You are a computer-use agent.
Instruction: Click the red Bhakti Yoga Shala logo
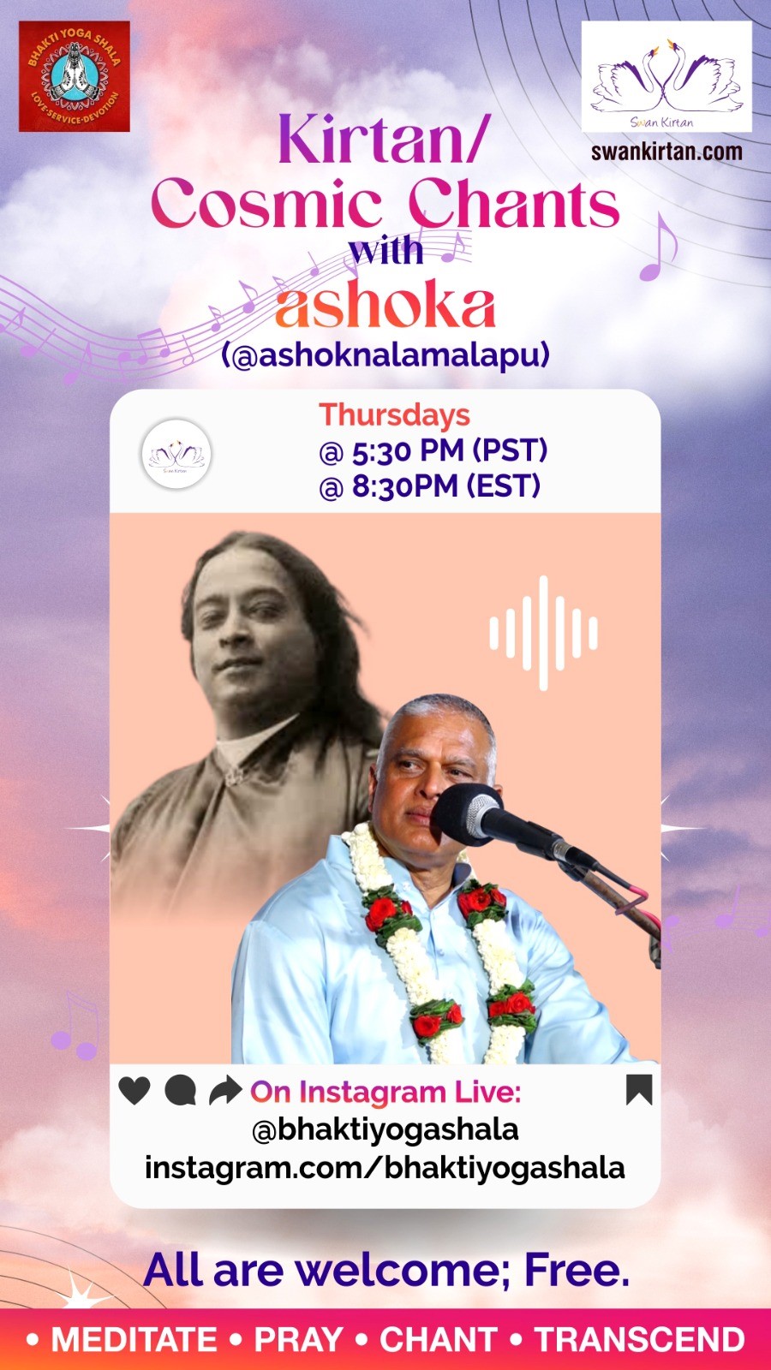pyautogui.click(x=74, y=76)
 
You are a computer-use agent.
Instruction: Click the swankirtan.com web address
pyautogui.click(x=666, y=151)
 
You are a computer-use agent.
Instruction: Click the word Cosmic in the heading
pyautogui.click(x=266, y=203)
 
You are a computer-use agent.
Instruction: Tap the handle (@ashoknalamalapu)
pyautogui.click(x=385, y=356)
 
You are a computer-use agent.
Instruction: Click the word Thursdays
pyautogui.click(x=395, y=414)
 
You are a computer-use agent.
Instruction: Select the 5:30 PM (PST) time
pyautogui.click(x=433, y=451)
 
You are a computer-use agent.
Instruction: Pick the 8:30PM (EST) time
pyautogui.click(x=429, y=487)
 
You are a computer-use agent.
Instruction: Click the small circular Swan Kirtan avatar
pyautogui.click(x=176, y=454)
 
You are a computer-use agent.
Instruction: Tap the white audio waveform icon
pyautogui.click(x=543, y=633)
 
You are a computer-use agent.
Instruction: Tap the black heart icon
pyautogui.click(x=134, y=1091)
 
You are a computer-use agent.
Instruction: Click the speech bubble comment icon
pyautogui.click(x=181, y=1091)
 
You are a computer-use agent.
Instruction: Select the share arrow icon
pyautogui.click(x=225, y=1091)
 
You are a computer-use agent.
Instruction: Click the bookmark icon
pyautogui.click(x=639, y=1090)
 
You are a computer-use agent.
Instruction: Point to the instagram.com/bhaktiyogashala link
pyautogui.click(x=385, y=1168)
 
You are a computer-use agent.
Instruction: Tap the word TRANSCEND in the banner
pyautogui.click(x=640, y=1339)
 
